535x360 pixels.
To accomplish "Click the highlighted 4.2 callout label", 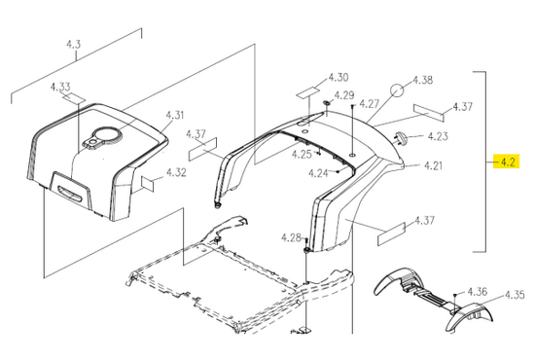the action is click(x=508, y=162).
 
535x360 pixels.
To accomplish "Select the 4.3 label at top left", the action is click(x=73, y=45).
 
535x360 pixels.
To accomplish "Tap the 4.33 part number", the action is click(x=60, y=87).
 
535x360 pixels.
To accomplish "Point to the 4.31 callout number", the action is click(x=175, y=115).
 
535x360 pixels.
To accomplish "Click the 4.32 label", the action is click(x=176, y=172).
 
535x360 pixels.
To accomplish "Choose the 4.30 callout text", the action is click(x=339, y=78).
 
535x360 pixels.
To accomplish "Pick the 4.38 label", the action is click(x=423, y=80).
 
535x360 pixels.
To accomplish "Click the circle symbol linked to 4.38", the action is click(x=397, y=90).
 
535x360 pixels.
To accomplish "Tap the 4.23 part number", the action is click(x=438, y=136).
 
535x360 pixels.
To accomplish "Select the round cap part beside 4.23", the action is click(x=401, y=138).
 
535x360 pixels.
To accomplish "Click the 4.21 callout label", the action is click(x=433, y=165).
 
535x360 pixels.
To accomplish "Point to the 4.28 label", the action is click(x=292, y=237).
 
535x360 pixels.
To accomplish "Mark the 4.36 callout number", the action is click(x=478, y=292).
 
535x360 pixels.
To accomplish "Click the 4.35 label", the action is click(x=515, y=295).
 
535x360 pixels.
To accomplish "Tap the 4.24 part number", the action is click(x=318, y=173).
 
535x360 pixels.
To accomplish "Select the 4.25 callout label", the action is click(x=302, y=155).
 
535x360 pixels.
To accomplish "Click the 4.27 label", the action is click(x=370, y=103).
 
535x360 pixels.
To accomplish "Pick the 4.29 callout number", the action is click(x=344, y=95).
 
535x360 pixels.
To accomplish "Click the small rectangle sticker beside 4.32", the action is click(x=148, y=184).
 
